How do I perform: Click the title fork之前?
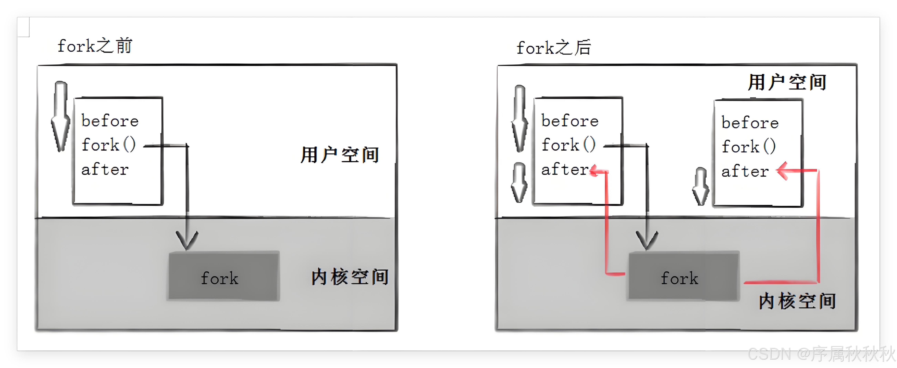point(95,46)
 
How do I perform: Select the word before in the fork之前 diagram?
point(110,121)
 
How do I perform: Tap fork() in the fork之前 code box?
point(108,145)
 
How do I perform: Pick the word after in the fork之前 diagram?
point(105,170)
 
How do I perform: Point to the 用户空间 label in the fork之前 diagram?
point(339,155)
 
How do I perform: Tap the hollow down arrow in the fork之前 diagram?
point(61,117)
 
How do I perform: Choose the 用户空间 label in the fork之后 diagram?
point(787,83)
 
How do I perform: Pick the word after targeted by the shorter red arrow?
point(564,170)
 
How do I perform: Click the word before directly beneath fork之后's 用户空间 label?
point(750,122)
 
